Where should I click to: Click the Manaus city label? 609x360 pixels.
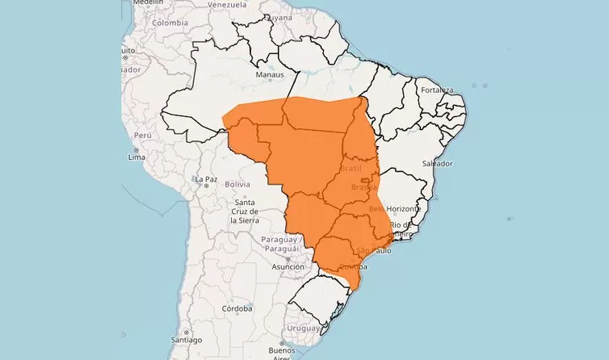pos(270,75)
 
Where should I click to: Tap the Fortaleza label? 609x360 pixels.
pos(436,90)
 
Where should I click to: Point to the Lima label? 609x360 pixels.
pos(136,157)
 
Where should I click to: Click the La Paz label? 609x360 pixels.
pos(206,178)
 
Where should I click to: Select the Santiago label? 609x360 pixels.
pos(174,331)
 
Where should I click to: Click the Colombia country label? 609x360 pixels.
pos(170,23)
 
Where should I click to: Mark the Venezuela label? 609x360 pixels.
pos(227,4)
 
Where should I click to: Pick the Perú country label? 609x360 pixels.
pos(143,135)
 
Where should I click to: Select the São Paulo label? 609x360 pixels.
pos(373,250)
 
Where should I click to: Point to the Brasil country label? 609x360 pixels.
pos(351,169)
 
